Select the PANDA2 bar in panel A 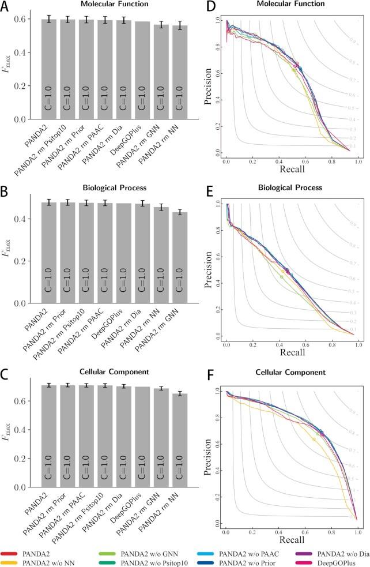49,69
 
